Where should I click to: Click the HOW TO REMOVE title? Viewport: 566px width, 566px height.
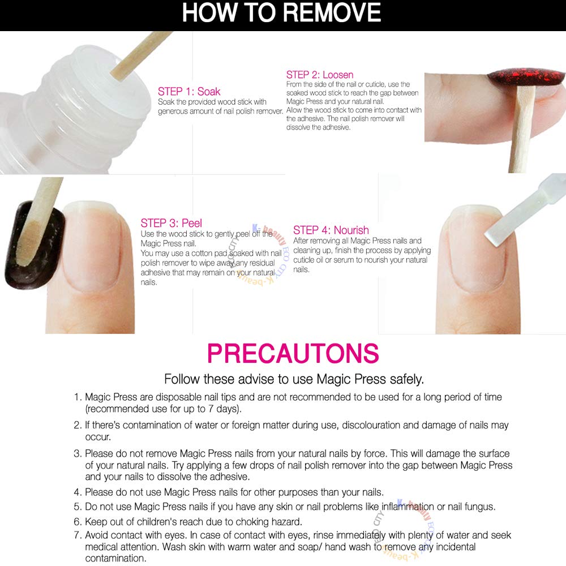281,13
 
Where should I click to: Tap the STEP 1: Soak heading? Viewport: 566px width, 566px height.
189,91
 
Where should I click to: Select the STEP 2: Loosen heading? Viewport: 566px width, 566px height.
319,75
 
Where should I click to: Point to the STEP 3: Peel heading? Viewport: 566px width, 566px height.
171,222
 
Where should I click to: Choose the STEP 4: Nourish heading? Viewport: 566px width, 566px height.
331,230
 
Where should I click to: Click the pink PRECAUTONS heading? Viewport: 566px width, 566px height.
293,353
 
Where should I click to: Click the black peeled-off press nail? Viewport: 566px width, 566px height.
35,246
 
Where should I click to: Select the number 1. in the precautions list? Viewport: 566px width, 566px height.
78,397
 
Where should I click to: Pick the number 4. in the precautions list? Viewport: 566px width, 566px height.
78,492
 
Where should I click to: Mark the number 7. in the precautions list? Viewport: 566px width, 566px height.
78,535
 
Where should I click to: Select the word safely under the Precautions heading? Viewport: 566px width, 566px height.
406,380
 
